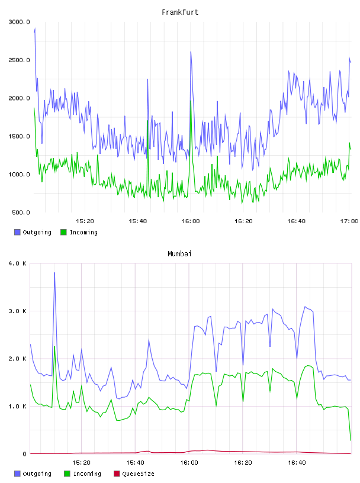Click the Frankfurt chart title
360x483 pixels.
pyautogui.click(x=180, y=12)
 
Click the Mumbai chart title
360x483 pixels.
pyautogui.click(x=179, y=254)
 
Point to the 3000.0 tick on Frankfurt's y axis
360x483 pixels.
pyautogui.click(x=20, y=22)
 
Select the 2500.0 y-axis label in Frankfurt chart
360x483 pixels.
pyautogui.click(x=20, y=60)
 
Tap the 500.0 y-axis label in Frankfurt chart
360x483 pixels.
pyautogui.click(x=21, y=212)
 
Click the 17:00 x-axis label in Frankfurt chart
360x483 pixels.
pyautogui.click(x=349, y=221)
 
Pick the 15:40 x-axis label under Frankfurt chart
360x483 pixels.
pyautogui.click(x=138, y=221)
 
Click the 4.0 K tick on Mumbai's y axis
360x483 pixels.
pyautogui.click(x=18, y=263)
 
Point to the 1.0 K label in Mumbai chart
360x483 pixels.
pyautogui.click(x=18, y=406)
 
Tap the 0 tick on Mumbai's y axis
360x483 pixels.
pyautogui.click(x=25, y=454)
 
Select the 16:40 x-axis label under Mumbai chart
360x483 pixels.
pyautogui.click(x=297, y=463)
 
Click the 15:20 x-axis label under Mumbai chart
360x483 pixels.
pyautogui.click(x=81, y=463)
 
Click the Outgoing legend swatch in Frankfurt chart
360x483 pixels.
pyautogui.click(x=17, y=232)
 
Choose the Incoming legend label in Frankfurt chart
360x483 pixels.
pyautogui.click(x=83, y=232)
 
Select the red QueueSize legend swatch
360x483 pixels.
pyautogui.click(x=117, y=474)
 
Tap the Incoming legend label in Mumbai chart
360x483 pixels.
pyautogui.click(x=87, y=474)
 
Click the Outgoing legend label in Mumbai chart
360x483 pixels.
pyautogui.click(x=37, y=474)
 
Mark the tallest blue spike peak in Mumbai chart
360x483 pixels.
pyautogui.click(x=54, y=273)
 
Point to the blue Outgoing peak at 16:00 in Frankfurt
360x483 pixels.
pyautogui.click(x=191, y=51)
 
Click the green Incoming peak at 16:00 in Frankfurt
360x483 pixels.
pyautogui.click(x=191, y=101)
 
